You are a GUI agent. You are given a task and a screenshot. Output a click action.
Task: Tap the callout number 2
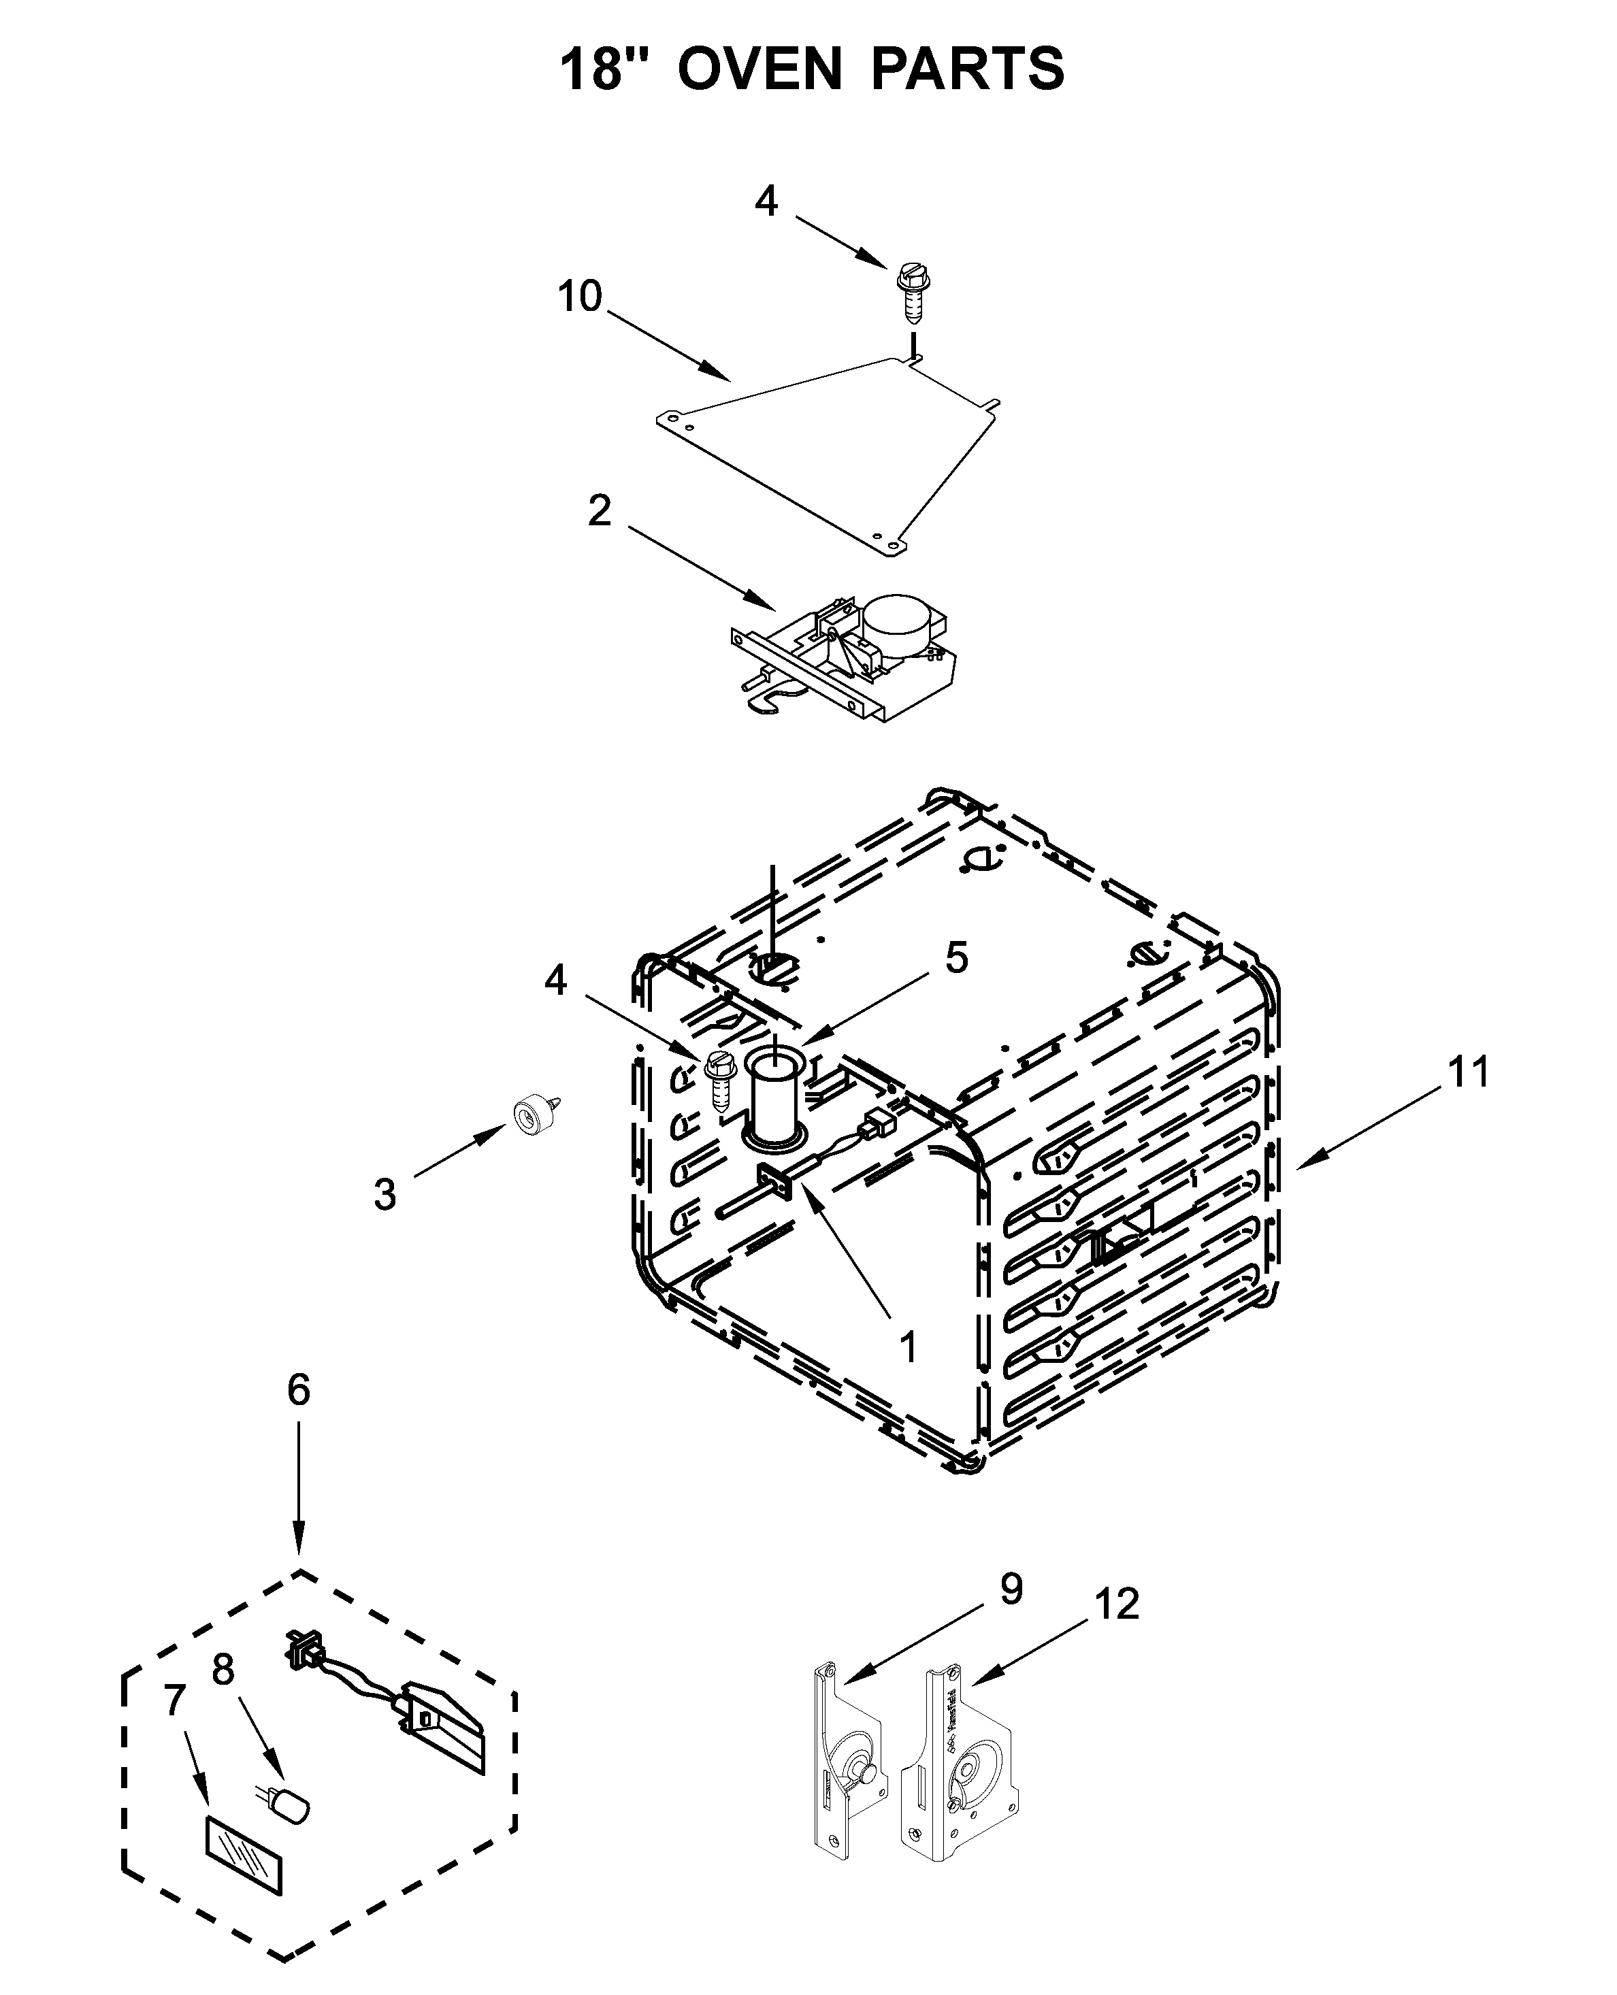600,510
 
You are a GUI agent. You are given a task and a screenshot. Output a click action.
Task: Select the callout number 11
1469,1072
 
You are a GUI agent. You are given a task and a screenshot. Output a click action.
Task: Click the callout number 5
957,959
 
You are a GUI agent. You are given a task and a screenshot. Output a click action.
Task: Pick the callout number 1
908,1347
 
